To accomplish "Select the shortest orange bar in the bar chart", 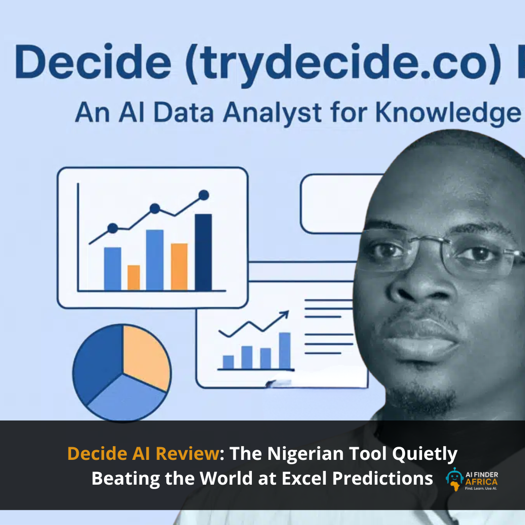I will click(x=134, y=278).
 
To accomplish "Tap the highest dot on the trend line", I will click(x=204, y=195).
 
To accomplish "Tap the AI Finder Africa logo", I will click(x=472, y=479).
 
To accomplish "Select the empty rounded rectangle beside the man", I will click(x=335, y=204).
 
